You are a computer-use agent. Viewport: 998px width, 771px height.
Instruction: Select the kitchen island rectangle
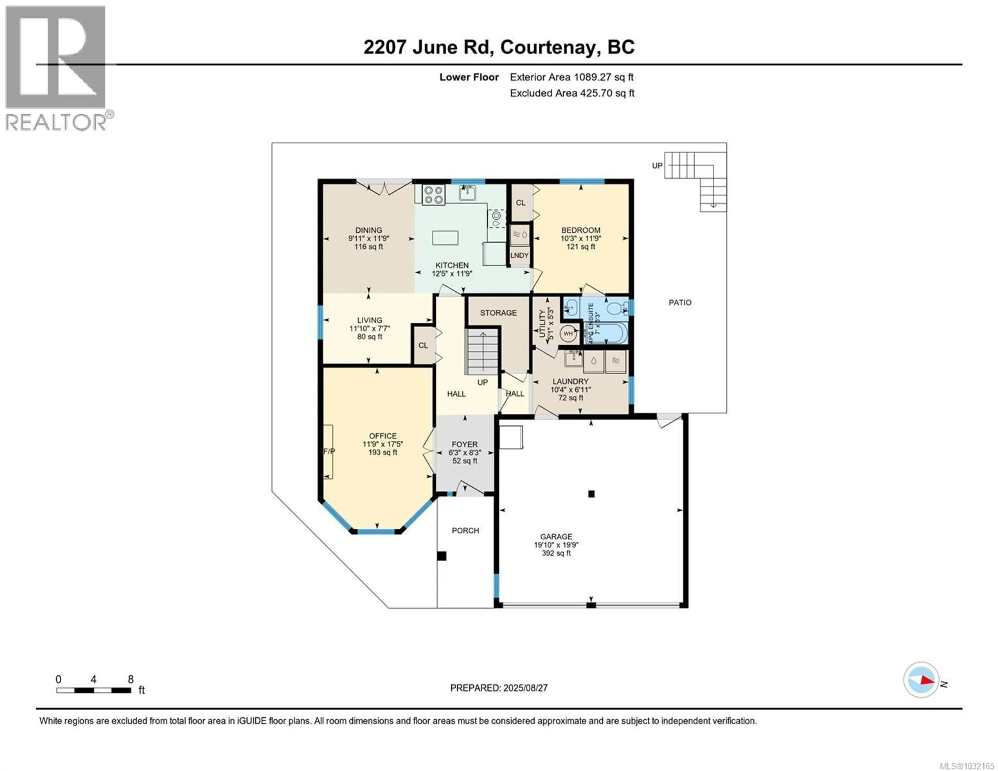[445, 238]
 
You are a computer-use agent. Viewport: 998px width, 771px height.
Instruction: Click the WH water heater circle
[568, 334]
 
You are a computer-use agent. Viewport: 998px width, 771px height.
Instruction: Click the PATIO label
[680, 302]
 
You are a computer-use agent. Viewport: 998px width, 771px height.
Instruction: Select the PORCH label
[465, 531]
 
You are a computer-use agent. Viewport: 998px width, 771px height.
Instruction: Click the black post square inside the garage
[591, 494]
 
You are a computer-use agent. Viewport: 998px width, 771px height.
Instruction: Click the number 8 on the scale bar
[131, 680]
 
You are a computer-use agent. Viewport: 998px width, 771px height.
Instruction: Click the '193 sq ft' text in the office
[383, 452]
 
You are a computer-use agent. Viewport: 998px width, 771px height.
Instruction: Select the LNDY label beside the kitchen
[520, 255]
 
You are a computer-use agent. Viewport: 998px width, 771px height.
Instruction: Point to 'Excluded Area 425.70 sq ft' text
[572, 93]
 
